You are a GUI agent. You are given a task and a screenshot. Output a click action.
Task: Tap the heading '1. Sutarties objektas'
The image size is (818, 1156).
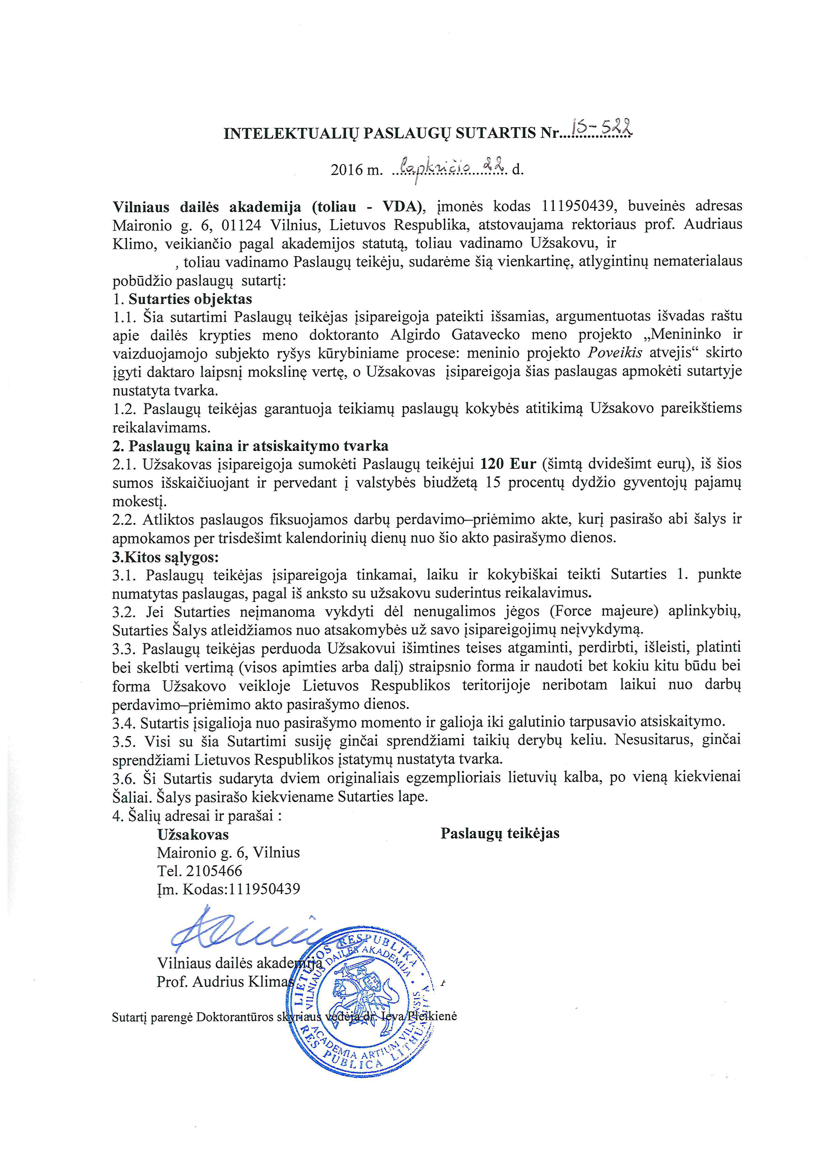tap(182, 299)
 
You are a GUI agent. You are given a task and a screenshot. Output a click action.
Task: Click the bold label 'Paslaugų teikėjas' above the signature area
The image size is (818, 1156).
tap(500, 833)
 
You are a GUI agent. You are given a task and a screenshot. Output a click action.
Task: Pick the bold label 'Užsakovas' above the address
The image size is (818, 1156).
tap(193, 834)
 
